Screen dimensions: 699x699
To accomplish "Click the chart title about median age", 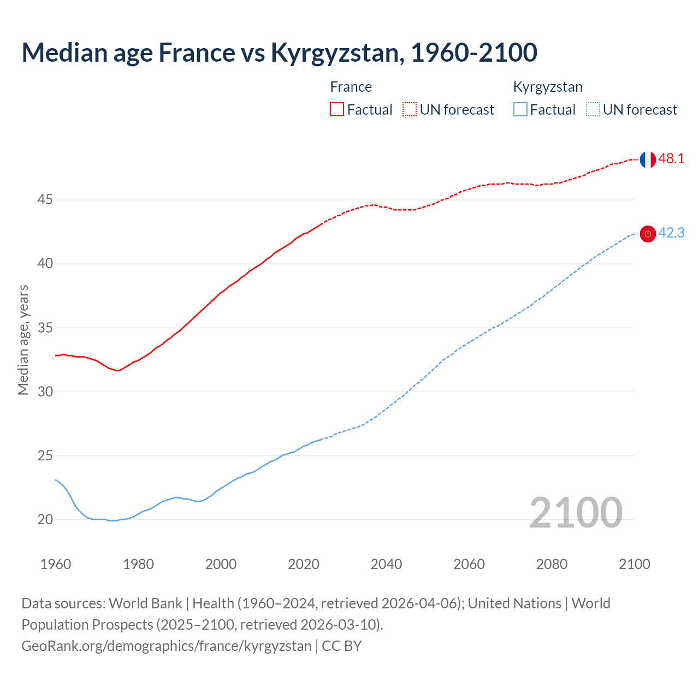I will (x=279, y=53).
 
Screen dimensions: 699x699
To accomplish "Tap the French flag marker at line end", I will (x=647, y=159).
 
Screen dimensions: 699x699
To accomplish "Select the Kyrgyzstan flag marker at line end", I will (x=647, y=234).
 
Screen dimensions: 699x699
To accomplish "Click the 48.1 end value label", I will (x=671, y=159).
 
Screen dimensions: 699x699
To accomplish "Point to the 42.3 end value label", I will (x=671, y=233).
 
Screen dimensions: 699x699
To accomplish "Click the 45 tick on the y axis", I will (x=45, y=200).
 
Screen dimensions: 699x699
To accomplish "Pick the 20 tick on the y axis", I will (x=45, y=520).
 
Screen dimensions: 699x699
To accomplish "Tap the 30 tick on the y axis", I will (x=45, y=392).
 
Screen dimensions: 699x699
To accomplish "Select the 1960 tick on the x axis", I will (x=56, y=564).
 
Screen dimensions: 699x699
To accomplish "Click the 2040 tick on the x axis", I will (x=386, y=564).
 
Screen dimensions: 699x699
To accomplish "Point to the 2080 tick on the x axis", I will (x=552, y=564).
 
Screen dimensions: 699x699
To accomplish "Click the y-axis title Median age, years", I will (x=23, y=340).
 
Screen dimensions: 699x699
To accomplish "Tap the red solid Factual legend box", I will (x=337, y=110).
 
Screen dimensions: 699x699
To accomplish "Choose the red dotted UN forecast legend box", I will (x=410, y=110).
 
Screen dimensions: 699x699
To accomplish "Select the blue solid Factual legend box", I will (x=520, y=110).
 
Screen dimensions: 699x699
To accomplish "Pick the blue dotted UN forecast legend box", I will (x=593, y=110).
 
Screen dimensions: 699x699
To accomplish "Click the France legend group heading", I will (x=351, y=87).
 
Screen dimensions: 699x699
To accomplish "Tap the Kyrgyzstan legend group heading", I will (x=548, y=87).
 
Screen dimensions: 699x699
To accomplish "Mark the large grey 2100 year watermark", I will (x=576, y=513).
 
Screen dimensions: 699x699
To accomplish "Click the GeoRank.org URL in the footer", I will (x=166, y=646).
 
